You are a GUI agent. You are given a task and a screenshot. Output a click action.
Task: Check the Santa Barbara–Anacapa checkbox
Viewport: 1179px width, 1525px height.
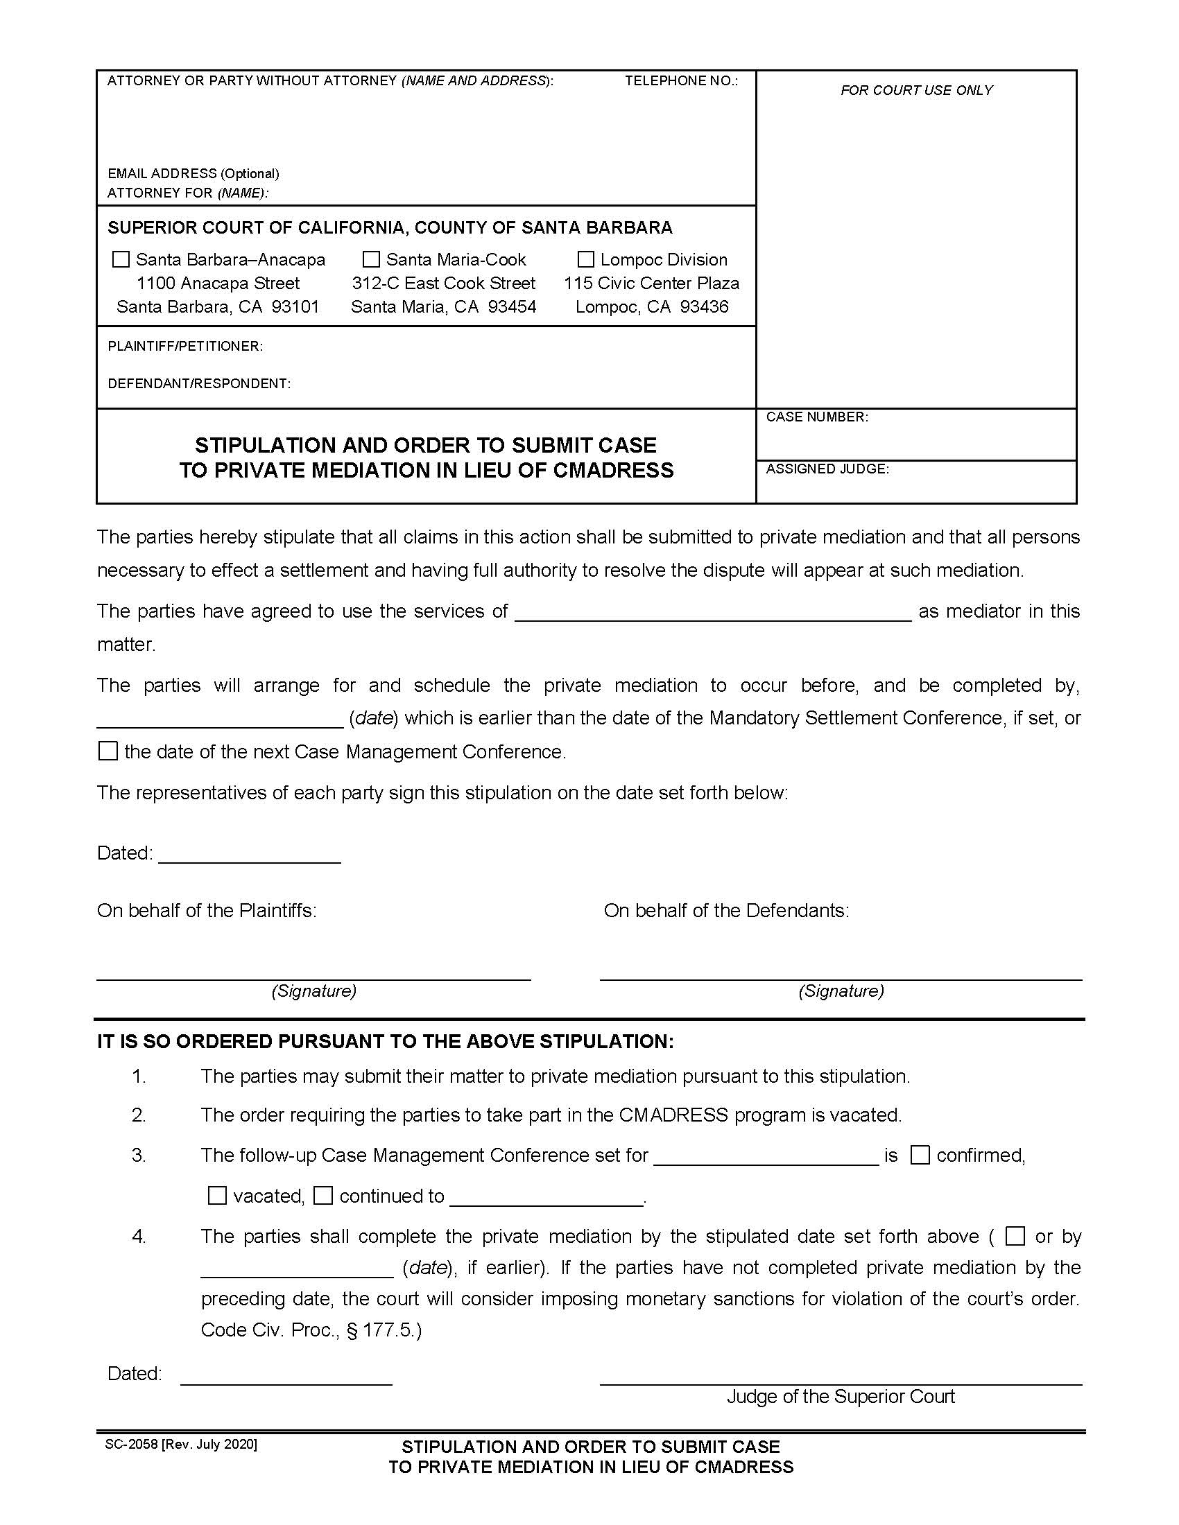point(121,260)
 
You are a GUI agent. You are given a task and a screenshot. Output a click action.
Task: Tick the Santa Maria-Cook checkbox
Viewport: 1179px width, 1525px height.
point(371,260)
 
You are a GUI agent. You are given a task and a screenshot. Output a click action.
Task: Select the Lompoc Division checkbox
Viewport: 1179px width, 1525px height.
point(586,260)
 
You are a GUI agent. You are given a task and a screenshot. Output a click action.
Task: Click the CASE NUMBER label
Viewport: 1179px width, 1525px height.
point(816,417)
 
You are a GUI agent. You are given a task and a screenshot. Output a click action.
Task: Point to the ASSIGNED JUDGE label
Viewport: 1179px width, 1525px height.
point(827,469)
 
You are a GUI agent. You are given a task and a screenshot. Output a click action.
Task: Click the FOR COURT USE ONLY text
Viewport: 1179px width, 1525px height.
point(915,90)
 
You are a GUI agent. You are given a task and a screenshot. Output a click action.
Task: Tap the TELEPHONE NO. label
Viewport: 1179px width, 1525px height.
point(681,81)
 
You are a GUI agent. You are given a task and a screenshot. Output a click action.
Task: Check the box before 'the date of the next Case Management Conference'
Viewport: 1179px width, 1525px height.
point(108,751)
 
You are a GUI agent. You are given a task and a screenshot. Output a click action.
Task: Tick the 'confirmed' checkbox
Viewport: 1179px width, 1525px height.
point(920,1156)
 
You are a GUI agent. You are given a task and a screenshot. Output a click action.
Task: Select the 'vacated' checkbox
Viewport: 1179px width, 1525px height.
point(217,1196)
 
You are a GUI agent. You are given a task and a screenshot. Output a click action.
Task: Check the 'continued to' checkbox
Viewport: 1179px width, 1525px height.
point(322,1196)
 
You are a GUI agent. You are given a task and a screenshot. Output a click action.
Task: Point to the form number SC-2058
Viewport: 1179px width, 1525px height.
point(131,1445)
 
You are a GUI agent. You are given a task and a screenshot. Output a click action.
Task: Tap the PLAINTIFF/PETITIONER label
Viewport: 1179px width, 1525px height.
point(185,347)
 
